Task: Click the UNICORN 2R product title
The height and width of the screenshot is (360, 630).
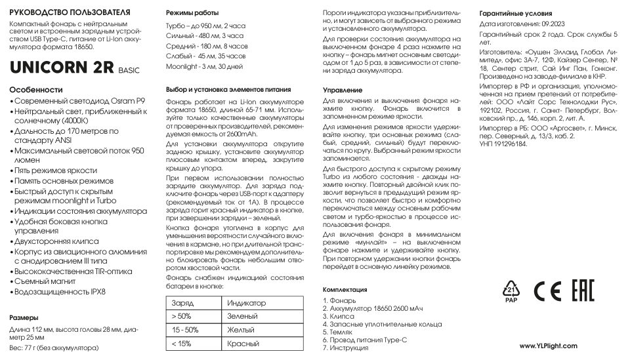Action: pos(62,68)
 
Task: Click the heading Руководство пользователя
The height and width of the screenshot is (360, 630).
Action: pos(70,12)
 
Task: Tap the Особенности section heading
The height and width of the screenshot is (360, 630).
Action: pos(37,90)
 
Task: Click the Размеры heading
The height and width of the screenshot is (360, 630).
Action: pos(27,317)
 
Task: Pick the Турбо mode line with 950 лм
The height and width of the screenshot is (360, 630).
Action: pos(198,24)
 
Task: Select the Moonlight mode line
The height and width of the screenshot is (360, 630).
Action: pos(204,67)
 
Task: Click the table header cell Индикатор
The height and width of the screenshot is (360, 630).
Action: pos(245,304)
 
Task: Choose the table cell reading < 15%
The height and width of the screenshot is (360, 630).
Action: pos(181,344)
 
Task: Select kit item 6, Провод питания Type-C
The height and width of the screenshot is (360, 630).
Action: pos(365,340)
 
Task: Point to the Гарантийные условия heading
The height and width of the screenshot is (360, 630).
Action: pos(515,13)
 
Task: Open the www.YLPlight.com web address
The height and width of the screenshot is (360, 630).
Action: pos(548,346)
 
